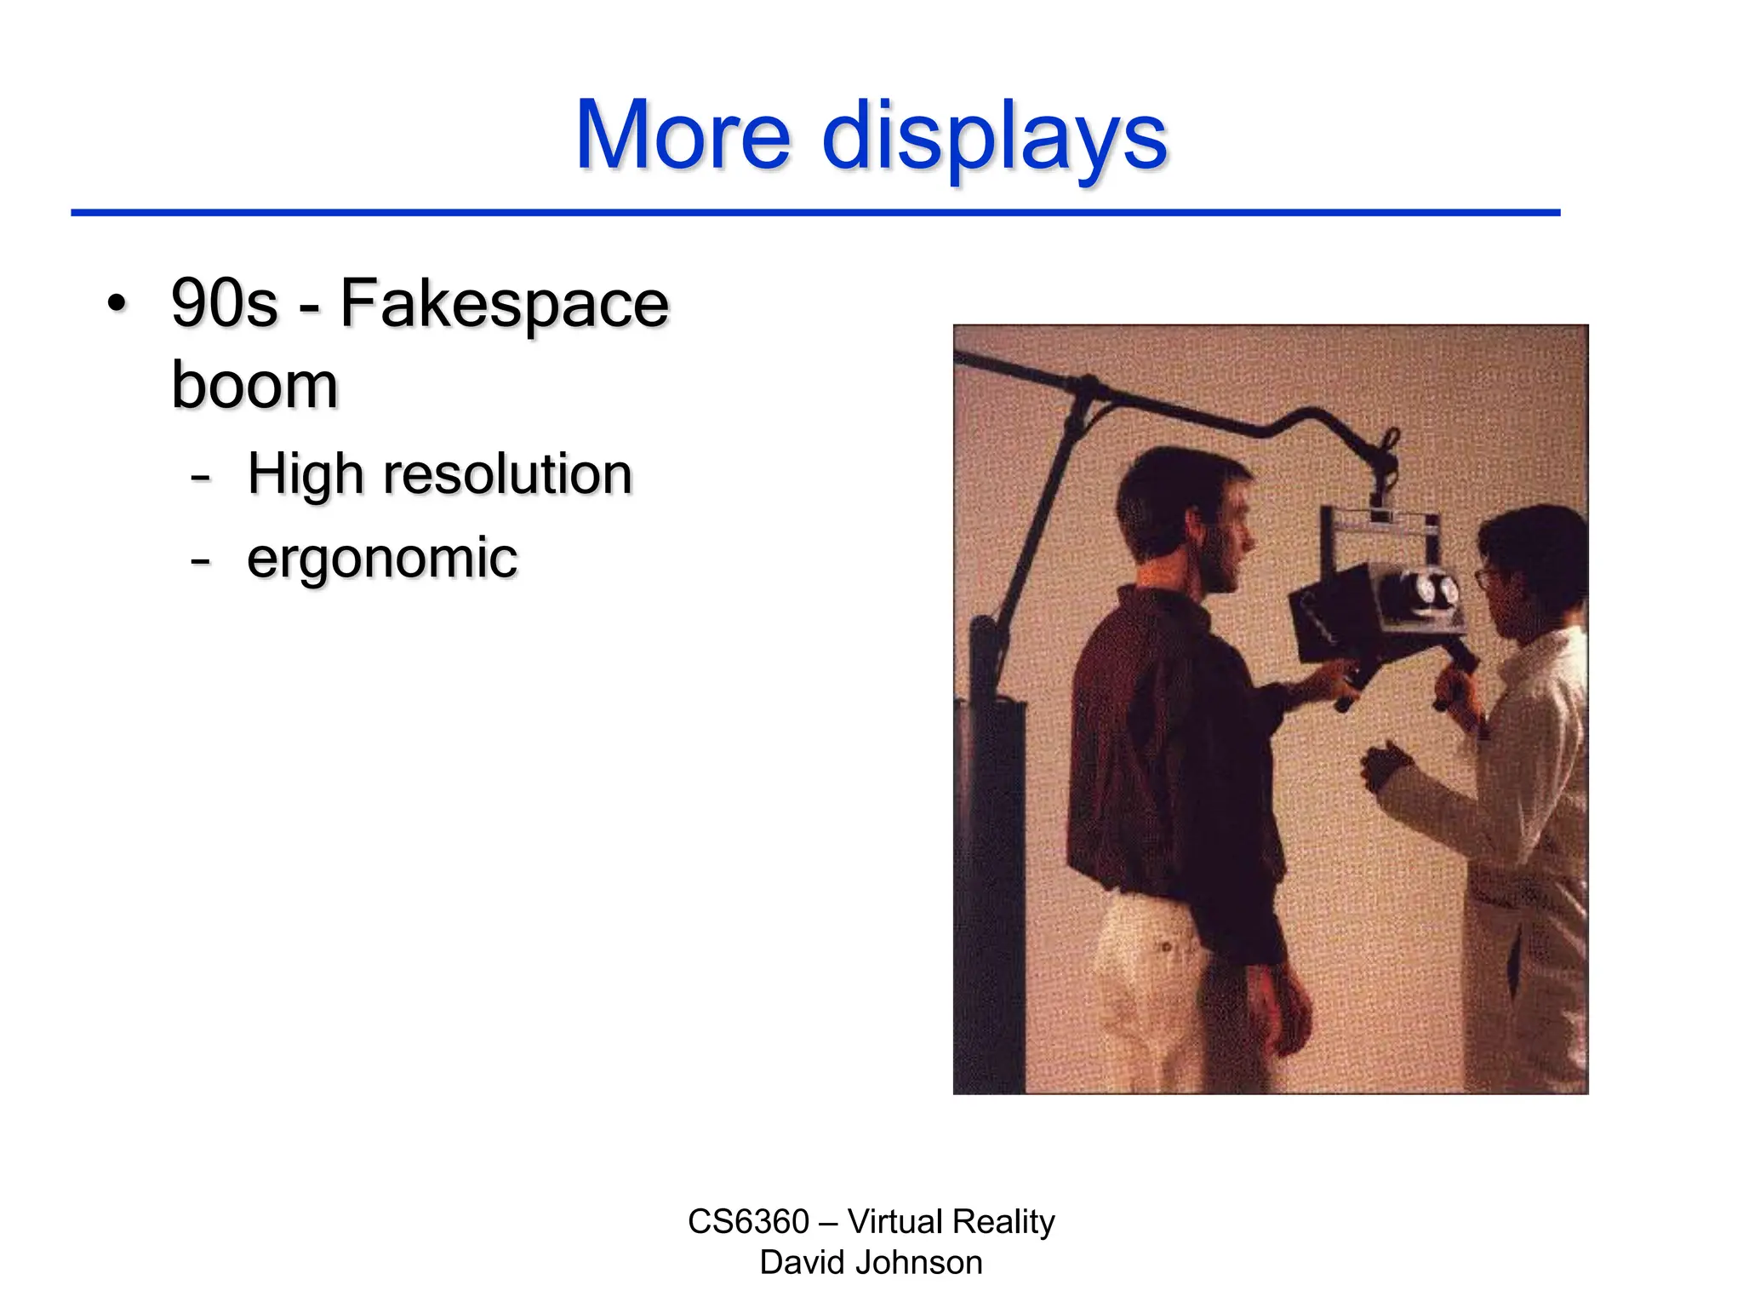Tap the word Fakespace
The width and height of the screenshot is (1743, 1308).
(x=505, y=304)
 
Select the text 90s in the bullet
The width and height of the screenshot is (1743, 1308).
(x=225, y=304)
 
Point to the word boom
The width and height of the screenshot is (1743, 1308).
(x=254, y=385)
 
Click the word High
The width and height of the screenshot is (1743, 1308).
(x=305, y=475)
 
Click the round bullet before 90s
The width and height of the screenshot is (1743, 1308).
(x=117, y=304)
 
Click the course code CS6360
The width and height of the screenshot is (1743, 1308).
(x=748, y=1222)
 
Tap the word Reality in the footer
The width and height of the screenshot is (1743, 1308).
(x=1003, y=1222)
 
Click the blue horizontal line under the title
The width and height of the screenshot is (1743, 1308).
(x=815, y=212)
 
